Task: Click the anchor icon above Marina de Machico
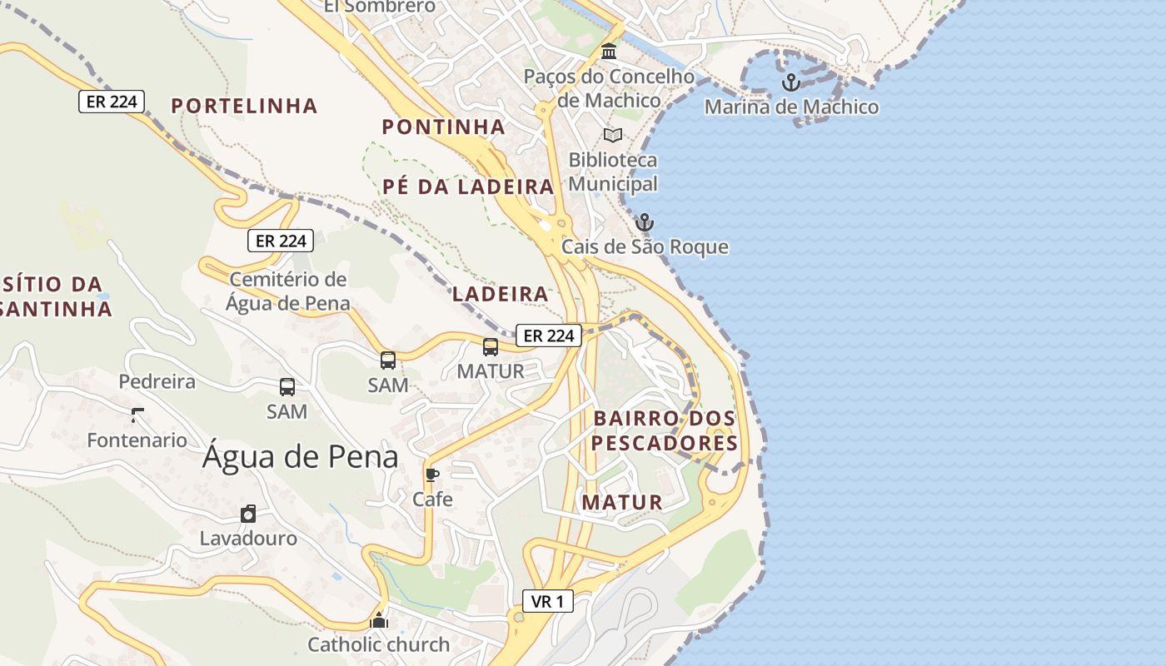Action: tap(790, 82)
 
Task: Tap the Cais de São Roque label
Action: tap(645, 246)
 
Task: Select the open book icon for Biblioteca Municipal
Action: tap(613, 135)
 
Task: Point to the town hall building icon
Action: tap(609, 52)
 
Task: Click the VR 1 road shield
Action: tap(548, 601)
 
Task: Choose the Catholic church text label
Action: tap(378, 644)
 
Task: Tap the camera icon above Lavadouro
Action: tap(248, 513)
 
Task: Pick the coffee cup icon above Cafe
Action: tap(431, 475)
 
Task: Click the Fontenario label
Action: tap(137, 440)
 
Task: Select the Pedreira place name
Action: tap(157, 381)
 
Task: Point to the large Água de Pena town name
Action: tap(300, 456)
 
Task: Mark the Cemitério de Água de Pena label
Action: tap(287, 291)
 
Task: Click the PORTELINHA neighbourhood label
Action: tap(244, 106)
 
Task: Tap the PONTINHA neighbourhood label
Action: tap(443, 127)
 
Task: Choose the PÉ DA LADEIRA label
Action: tap(468, 186)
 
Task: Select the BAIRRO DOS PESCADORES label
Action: tap(665, 430)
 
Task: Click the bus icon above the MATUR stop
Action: tap(491, 347)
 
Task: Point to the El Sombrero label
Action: tap(379, 7)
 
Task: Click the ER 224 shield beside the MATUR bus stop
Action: tap(548, 335)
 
